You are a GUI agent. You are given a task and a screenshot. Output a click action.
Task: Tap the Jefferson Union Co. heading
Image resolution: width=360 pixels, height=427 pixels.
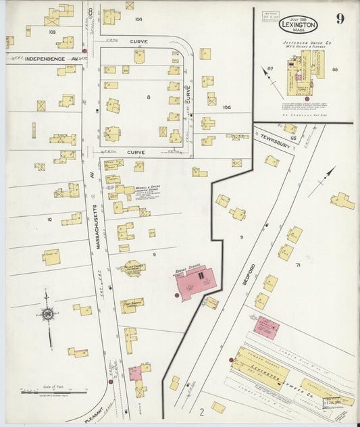tap(302, 42)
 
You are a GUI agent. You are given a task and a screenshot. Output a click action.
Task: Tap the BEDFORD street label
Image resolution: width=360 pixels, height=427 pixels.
tap(253, 273)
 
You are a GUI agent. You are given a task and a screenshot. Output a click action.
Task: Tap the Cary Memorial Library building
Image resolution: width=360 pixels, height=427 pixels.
tap(132, 305)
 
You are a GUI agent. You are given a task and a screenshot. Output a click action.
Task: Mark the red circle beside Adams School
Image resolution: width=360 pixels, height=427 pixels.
tap(177, 295)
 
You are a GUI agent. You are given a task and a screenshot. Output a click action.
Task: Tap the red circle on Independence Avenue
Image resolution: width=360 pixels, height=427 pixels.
tap(84, 51)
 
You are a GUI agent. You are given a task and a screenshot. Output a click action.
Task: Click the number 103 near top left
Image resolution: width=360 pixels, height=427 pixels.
tap(52, 32)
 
